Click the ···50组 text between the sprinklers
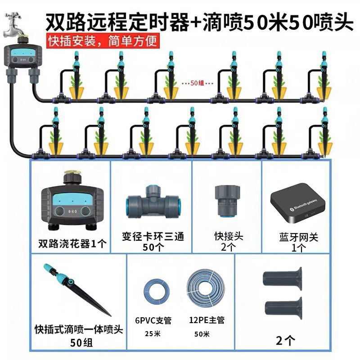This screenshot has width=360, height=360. pos(192,83)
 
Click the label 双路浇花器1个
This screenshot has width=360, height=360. pos(72,244)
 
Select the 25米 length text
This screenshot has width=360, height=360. pos(154,334)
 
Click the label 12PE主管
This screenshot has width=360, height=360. pos(207,320)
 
